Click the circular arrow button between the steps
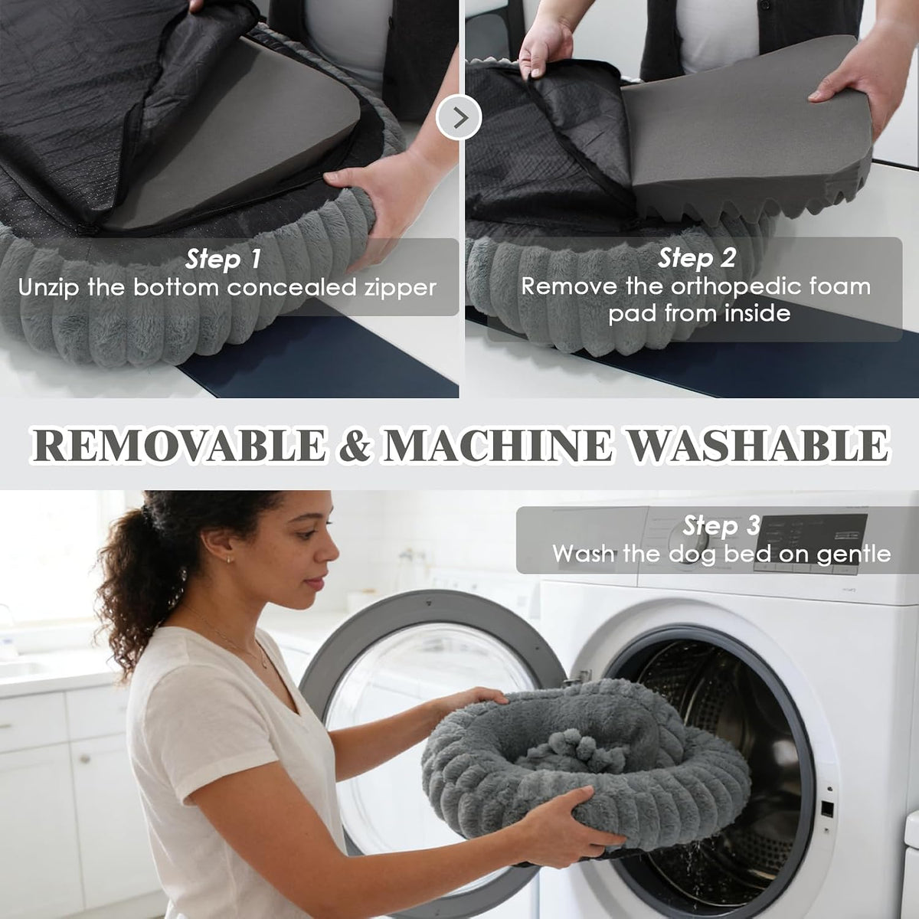[x=459, y=117]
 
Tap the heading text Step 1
[x=223, y=260]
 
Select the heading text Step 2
[x=696, y=258]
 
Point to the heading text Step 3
[x=721, y=525]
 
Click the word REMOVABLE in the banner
[x=178, y=446]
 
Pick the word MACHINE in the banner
[x=498, y=446]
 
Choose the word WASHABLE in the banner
[x=758, y=446]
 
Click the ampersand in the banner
[x=355, y=446]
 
